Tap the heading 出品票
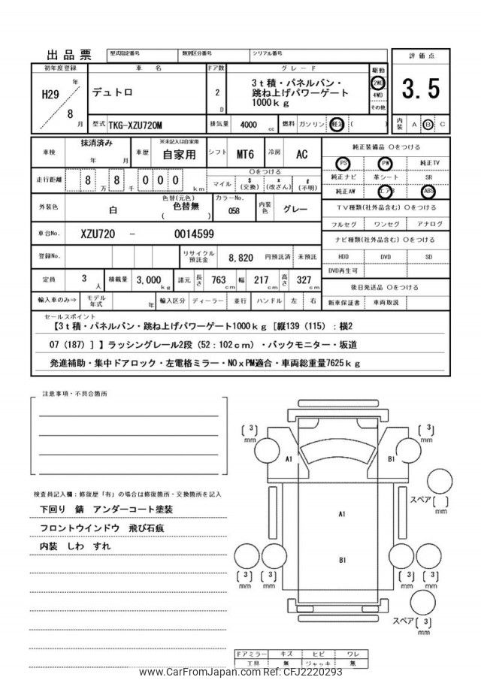pos(69,55)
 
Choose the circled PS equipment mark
pos(343,162)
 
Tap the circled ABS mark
pos(428,190)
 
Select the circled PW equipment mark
pos(386,162)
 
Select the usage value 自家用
pos(178,155)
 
